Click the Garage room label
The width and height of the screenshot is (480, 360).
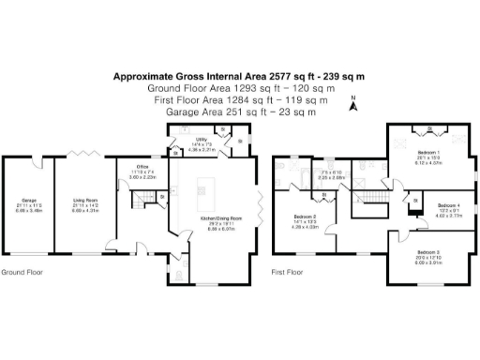[x=28, y=200]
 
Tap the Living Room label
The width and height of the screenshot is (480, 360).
[x=86, y=200]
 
